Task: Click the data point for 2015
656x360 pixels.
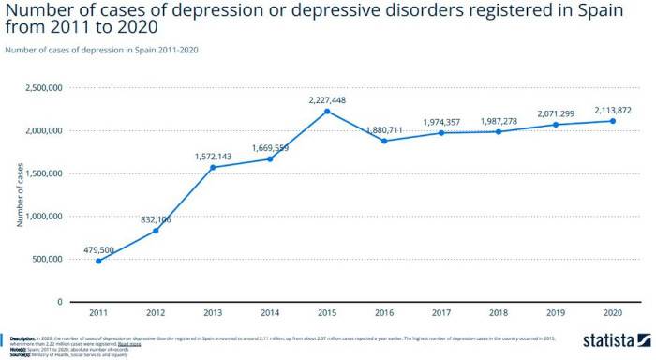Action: [x=327, y=112]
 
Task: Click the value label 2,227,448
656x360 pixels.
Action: [x=327, y=98]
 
